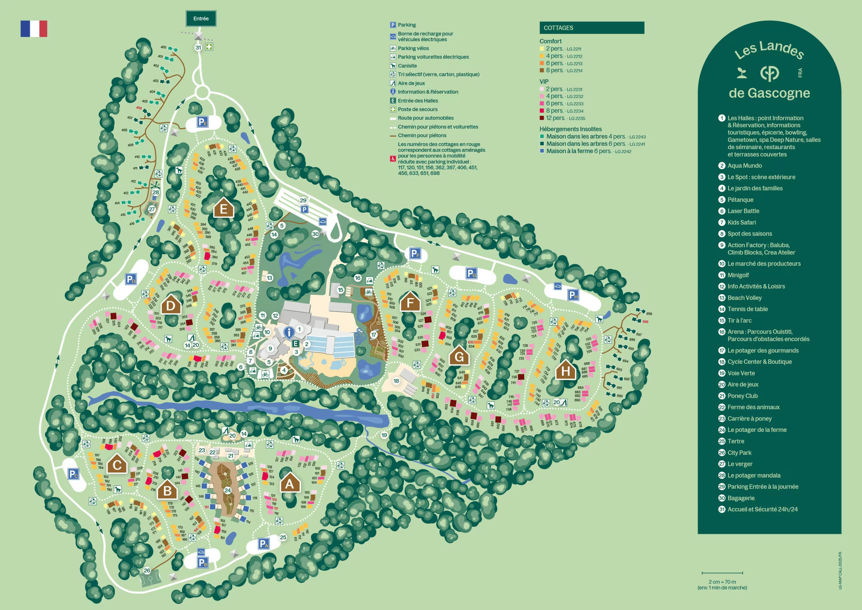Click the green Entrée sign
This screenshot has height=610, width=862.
[201, 19]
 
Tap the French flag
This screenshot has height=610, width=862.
[34, 29]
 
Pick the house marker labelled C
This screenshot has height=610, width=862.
[117, 464]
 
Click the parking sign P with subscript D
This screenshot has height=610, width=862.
[131, 279]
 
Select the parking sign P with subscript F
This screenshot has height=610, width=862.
[415, 254]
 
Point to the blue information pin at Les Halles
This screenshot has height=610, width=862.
[289, 332]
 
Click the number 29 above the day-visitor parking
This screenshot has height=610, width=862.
[303, 200]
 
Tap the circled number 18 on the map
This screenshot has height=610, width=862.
[396, 381]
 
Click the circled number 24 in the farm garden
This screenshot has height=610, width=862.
[228, 490]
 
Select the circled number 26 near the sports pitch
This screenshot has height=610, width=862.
[147, 570]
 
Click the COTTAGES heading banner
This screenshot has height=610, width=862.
[591, 28]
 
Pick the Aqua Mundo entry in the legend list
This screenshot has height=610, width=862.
[744, 166]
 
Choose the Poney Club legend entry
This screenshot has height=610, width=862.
[742, 396]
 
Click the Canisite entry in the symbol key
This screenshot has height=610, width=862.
[407, 66]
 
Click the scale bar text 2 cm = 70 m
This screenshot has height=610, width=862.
[722, 581]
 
